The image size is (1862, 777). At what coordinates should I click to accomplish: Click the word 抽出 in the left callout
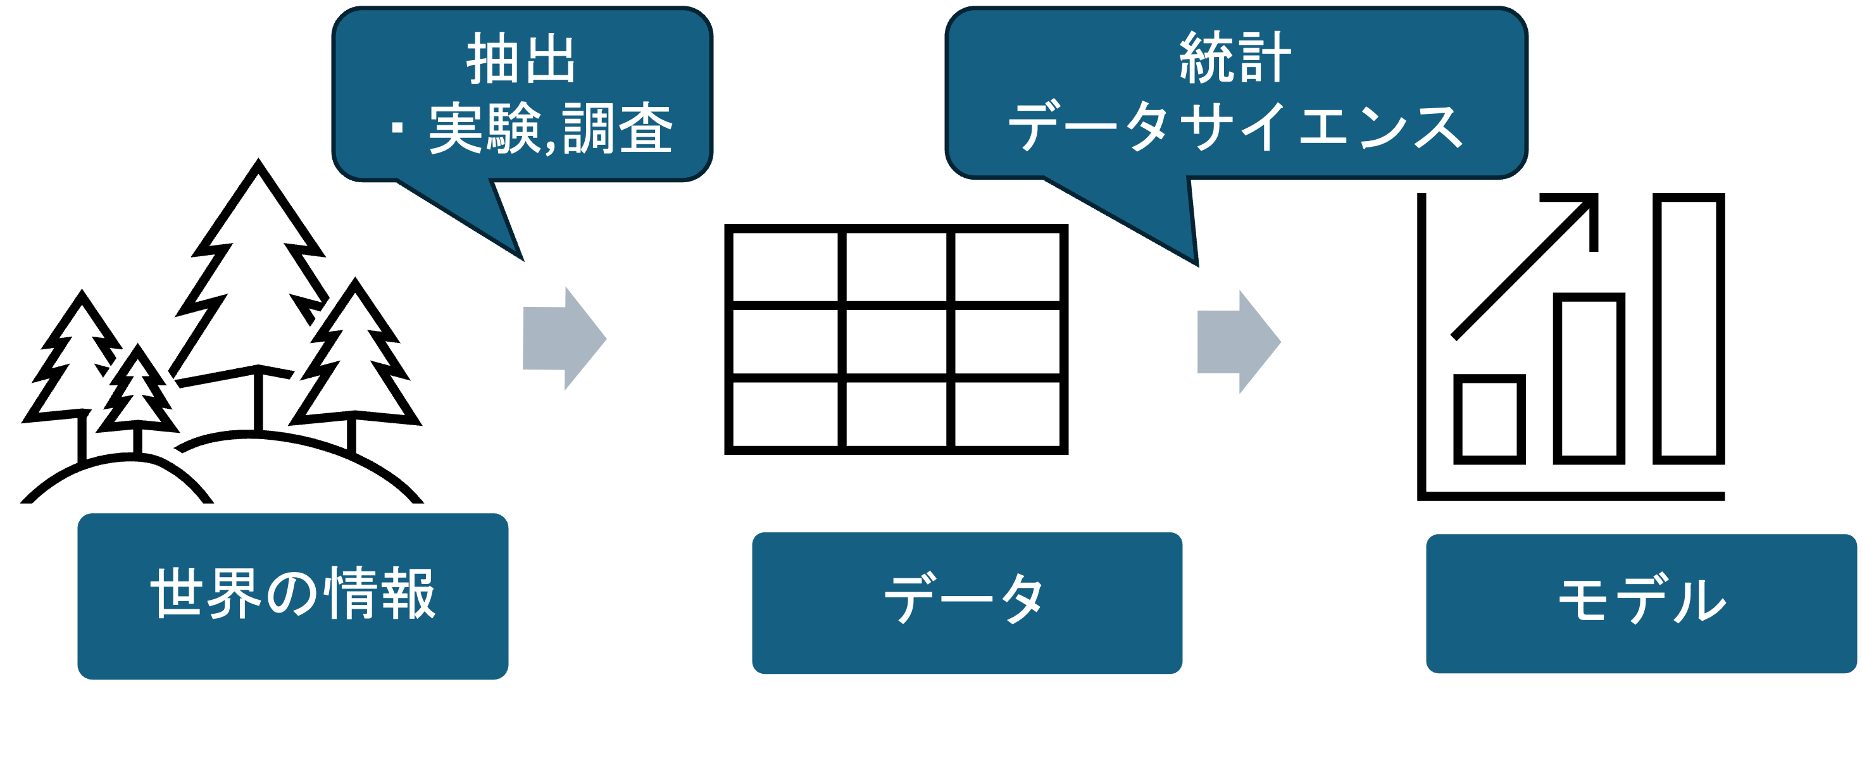pos(520,59)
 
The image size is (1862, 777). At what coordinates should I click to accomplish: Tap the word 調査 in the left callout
pos(617,128)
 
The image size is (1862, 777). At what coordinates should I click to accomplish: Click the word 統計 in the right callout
pos(1235,58)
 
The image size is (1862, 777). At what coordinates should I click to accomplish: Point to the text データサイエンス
pos(1235,127)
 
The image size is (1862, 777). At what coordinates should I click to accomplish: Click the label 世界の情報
pos(293,594)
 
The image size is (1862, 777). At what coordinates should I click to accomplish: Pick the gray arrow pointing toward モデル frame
pos(1237,342)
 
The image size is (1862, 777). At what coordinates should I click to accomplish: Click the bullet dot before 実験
pos(396,128)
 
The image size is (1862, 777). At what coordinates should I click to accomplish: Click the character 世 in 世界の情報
pos(177,594)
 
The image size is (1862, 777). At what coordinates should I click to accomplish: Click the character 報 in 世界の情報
pos(408,594)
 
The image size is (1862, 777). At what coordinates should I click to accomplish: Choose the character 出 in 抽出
pos(549,59)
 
